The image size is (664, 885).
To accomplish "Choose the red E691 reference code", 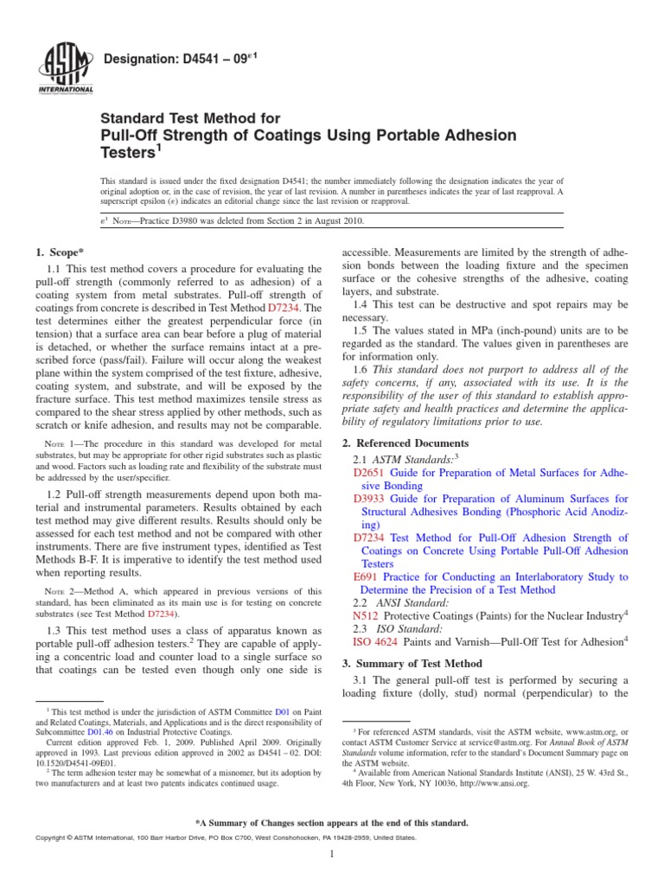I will [x=367, y=576].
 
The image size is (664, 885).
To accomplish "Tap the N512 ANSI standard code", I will [x=367, y=615].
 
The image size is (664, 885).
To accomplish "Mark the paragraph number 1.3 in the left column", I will [x=53, y=633].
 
